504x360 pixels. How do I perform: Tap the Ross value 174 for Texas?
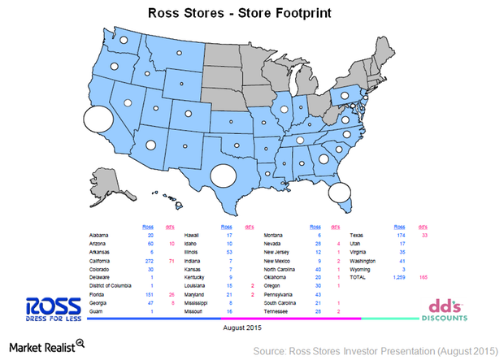(398, 234)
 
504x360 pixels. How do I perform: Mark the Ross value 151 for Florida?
(149, 294)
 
